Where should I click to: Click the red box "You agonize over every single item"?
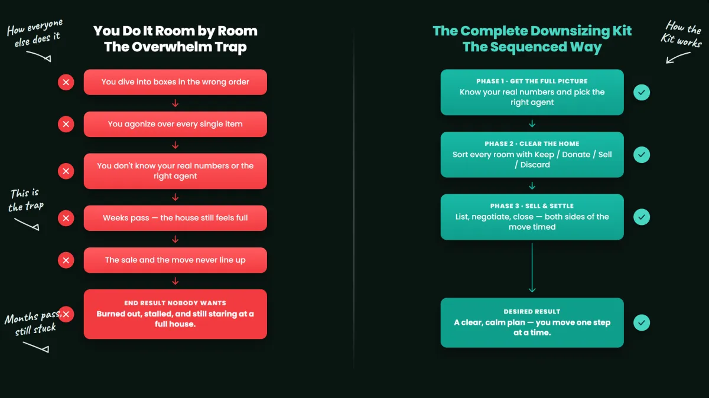click(x=175, y=124)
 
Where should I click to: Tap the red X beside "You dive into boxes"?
click(x=66, y=82)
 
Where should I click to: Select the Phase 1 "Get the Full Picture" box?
click(x=532, y=92)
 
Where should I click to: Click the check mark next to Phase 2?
click(x=642, y=155)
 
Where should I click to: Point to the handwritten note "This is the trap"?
click(x=26, y=200)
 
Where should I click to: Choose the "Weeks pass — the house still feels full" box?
click(x=175, y=218)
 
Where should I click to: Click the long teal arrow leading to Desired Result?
click(x=532, y=267)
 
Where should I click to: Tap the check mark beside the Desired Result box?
click(x=642, y=322)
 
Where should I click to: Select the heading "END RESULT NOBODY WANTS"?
click(x=175, y=303)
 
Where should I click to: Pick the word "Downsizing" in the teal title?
click(x=570, y=31)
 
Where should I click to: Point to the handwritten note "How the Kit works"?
click(x=682, y=34)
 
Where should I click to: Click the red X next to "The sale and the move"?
click(x=66, y=260)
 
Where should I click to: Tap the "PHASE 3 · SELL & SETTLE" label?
click(x=532, y=206)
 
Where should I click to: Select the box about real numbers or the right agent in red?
click(x=175, y=171)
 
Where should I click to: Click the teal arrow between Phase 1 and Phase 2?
click(x=532, y=123)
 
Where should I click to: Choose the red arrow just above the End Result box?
click(x=175, y=281)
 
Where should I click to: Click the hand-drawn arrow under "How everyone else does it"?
click(x=39, y=56)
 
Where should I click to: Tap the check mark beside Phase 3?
click(x=642, y=217)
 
